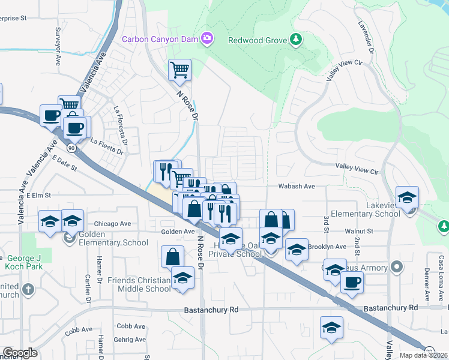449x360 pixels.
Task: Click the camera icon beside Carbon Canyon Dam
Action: pos(207,39)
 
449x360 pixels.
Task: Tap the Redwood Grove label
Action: pos(257,40)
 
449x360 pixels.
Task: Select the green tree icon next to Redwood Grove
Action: pos(295,40)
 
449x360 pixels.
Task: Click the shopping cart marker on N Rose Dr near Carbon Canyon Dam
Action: pos(179,70)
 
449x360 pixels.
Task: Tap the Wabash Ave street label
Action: pos(297,187)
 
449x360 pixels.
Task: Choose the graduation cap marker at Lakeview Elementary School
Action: pos(408,197)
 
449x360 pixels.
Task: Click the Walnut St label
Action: pos(359,230)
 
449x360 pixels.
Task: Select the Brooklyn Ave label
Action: pos(327,247)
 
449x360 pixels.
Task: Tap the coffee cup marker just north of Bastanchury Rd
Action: pos(352,282)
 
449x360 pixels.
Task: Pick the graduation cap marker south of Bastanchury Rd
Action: pos(331,328)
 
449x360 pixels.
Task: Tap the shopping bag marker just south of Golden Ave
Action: pos(172,257)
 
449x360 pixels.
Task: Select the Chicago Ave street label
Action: pos(112,224)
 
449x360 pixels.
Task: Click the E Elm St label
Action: pos(38,195)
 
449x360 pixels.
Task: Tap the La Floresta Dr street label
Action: pos(120,125)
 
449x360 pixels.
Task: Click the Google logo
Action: pos(20,353)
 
